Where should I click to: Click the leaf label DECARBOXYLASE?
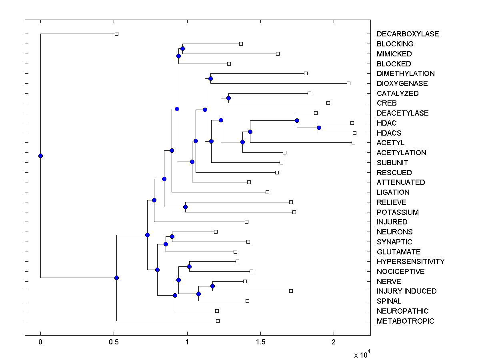[x=408, y=34]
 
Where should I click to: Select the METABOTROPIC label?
[x=405, y=321]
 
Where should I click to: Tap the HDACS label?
[x=389, y=133]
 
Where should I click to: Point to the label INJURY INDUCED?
[x=406, y=291]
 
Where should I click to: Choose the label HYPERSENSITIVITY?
[x=410, y=262]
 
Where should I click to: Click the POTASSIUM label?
[x=398, y=212]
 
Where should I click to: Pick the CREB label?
[x=386, y=103]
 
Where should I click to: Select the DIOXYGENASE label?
[x=402, y=84]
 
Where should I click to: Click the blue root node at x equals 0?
[x=40, y=156]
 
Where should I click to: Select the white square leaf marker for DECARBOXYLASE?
[x=116, y=34]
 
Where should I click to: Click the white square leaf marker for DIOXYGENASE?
[x=348, y=83]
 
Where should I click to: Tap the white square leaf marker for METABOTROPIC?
[x=218, y=321]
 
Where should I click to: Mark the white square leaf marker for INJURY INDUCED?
[x=291, y=291]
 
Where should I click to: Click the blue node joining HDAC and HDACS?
[x=319, y=128]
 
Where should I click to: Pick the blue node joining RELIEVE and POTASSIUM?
[x=185, y=207]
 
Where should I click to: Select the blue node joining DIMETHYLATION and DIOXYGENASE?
[x=210, y=78]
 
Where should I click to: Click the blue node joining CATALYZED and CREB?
[x=228, y=98]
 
